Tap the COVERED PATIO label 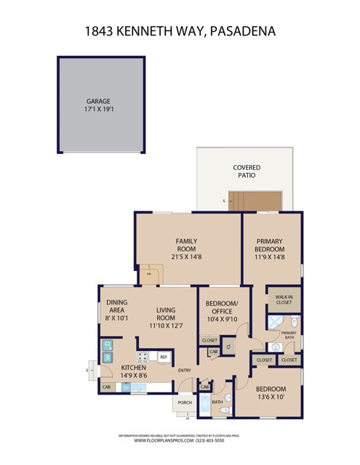[x=247, y=171]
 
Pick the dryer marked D [x=107, y=344]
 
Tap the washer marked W [x=107, y=357]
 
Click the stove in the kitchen [x=143, y=357]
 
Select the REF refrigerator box [x=164, y=357]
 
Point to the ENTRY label [x=185, y=371]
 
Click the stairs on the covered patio [x=244, y=197]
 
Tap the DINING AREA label [x=117, y=310]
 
